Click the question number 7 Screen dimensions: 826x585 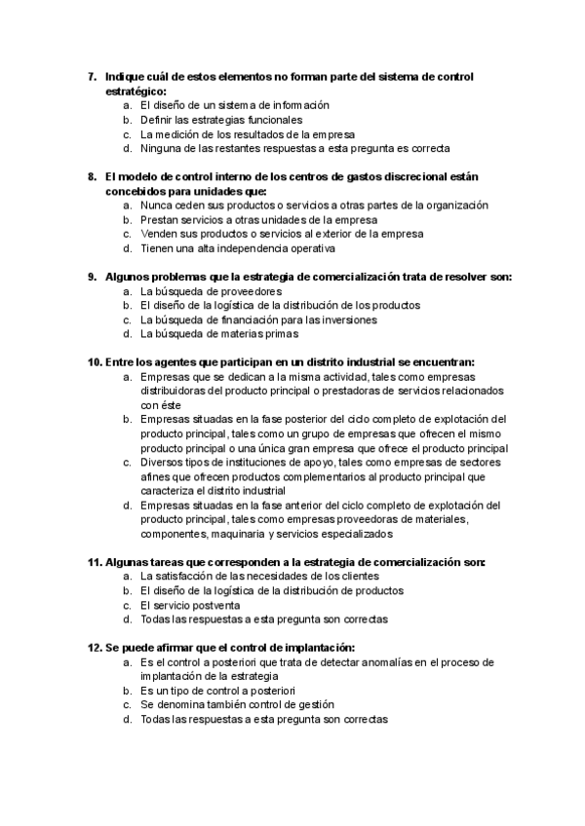(x=92, y=76)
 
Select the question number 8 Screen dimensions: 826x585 (x=92, y=176)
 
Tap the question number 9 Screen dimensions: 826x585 (x=92, y=277)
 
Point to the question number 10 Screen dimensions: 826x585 (x=95, y=361)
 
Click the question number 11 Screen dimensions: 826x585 (x=95, y=562)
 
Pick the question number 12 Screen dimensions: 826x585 (x=95, y=648)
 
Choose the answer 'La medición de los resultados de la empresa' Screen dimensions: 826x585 (x=248, y=133)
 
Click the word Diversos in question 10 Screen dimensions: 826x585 (x=163, y=463)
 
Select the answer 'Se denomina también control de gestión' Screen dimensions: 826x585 (x=237, y=704)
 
